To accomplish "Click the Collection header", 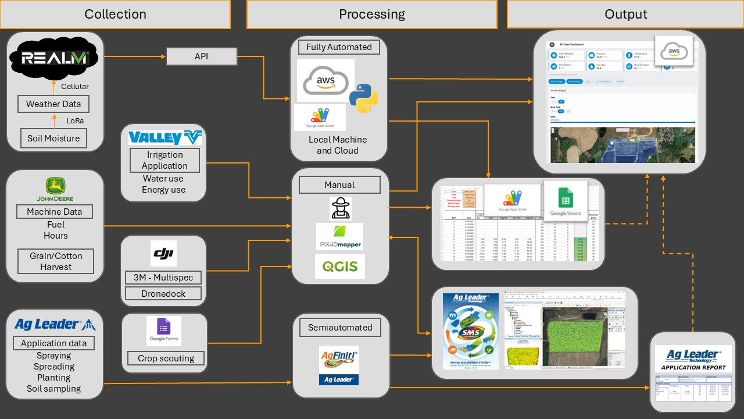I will click(115, 15).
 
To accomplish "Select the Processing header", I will click(371, 15).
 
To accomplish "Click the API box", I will click(201, 56).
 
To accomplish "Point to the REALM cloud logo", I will click(55, 58).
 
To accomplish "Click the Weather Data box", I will click(53, 105).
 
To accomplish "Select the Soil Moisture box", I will click(53, 139).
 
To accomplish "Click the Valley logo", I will click(164, 138).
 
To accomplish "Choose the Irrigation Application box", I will click(164, 160).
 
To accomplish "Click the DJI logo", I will click(163, 254).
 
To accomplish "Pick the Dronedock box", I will click(163, 294).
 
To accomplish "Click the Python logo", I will click(364, 98).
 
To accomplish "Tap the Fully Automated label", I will click(339, 47).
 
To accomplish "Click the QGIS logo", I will click(340, 267).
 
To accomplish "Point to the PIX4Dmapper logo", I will click(339, 236).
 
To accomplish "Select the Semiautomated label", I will click(340, 328).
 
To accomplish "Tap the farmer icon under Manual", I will click(340, 208).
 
